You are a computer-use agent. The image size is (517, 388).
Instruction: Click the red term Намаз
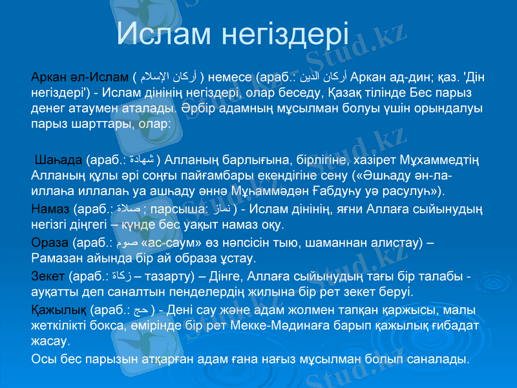pyautogui.click(x=50, y=210)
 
